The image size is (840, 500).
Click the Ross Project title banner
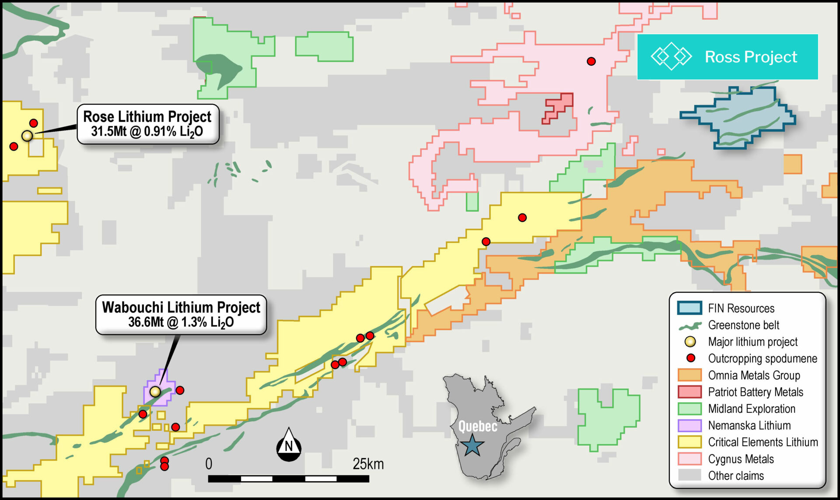(727, 57)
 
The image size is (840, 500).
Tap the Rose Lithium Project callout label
(147, 124)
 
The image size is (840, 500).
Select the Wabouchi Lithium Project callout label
(181, 314)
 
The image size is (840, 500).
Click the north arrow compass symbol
(289, 445)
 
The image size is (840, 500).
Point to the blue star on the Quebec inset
(472, 445)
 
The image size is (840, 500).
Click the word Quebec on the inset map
(478, 426)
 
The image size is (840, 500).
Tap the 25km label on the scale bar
(368, 464)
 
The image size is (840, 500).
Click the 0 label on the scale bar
(209, 464)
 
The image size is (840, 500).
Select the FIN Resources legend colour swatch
(689, 308)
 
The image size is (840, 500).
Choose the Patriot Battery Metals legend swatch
(689, 392)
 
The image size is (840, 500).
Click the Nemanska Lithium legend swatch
(689, 425)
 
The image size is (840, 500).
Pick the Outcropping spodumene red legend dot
(691, 358)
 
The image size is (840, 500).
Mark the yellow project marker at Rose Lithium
(27, 136)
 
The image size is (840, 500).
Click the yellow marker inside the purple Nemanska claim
(155, 391)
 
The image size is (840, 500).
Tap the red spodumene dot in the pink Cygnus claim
(591, 61)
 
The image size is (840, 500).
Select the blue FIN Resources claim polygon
(739, 117)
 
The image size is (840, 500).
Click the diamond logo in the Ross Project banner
(671, 57)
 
